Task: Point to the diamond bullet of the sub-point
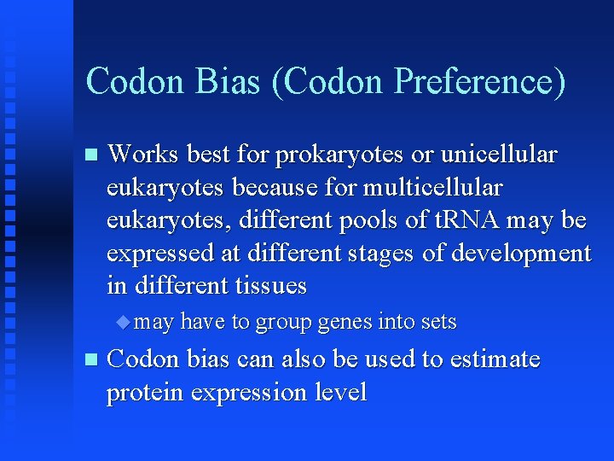(x=125, y=322)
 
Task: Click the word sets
(x=438, y=322)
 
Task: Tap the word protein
(x=146, y=393)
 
